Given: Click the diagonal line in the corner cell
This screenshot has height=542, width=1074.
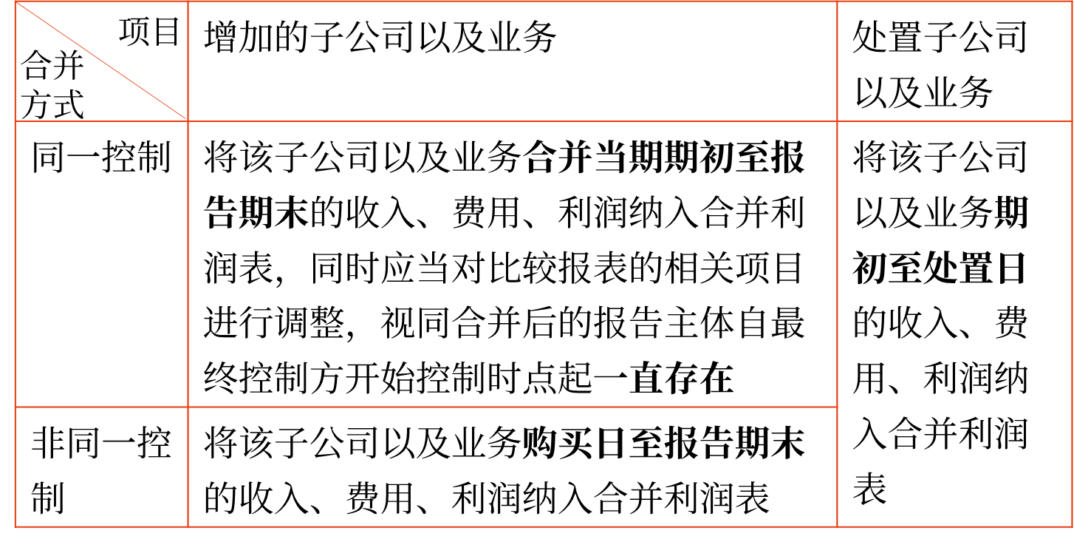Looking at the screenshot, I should (x=101, y=61).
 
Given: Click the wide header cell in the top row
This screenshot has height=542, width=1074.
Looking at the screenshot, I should (x=513, y=61).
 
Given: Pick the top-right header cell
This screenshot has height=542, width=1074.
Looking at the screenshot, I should (x=954, y=61).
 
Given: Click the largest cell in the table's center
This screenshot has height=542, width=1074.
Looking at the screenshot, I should (x=513, y=264).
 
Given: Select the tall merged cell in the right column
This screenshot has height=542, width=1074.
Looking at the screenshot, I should (x=954, y=324).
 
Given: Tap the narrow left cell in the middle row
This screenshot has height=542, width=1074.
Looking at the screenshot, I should (x=101, y=264).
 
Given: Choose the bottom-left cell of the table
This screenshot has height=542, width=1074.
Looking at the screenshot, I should (x=101, y=467).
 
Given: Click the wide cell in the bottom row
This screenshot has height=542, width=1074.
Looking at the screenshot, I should (x=513, y=467).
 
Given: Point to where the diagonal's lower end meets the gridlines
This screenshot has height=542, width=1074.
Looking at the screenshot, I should (x=188, y=121).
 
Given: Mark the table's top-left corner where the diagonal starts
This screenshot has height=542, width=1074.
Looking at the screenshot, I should (x=15, y=1).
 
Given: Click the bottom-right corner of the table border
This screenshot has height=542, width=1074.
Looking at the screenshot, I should (x=1071, y=526).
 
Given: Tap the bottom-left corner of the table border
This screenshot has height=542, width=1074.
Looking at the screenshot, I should (x=15, y=526).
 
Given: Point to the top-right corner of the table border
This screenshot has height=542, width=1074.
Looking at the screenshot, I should (x=1071, y=1).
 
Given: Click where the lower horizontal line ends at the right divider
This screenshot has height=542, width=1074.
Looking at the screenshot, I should (x=837, y=407).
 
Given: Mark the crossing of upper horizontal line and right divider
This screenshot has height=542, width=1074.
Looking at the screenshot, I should (x=837, y=121).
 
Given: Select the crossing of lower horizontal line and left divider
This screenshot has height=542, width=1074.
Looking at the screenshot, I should (x=188, y=407).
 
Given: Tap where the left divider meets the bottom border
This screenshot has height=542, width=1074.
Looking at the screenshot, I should (x=188, y=526).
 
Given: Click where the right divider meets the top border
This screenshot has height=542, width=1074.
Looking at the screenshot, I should (x=837, y=1).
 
